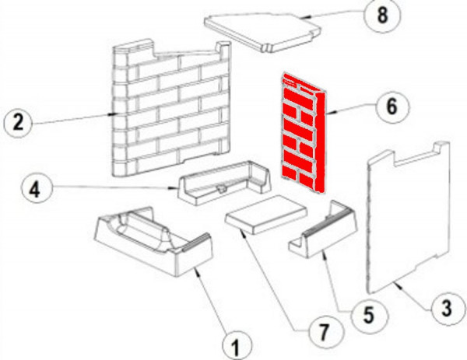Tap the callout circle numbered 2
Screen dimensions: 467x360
coord(19,122)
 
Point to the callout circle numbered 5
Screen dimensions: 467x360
coord(369,316)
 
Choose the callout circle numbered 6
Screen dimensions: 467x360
coord(392,107)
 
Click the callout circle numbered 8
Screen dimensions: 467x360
coord(382,16)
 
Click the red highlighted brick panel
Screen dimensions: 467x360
coord(303,132)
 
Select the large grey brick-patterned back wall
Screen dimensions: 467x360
coord(171,109)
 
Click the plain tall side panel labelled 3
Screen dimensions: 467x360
coord(408,217)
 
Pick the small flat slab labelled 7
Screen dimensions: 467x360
coord(266,215)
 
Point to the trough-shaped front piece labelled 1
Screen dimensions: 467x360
coord(153,242)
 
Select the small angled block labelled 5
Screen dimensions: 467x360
coord(323,231)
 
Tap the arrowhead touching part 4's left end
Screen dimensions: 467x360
coord(173,188)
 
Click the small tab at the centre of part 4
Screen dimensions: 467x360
coord(221,189)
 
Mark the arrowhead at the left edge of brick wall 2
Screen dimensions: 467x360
coord(114,114)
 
